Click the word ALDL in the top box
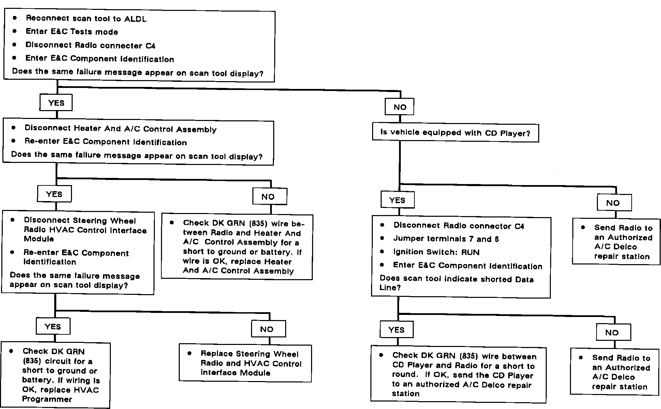click(x=135, y=19)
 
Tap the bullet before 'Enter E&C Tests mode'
click(x=15, y=31)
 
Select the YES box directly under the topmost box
click(x=56, y=103)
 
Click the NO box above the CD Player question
click(x=400, y=107)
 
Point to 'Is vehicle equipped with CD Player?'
click(x=455, y=133)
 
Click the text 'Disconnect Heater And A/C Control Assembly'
click(x=120, y=129)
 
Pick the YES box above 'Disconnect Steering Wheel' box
click(x=54, y=194)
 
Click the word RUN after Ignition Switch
click(x=470, y=253)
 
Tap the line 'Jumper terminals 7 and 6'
click(x=446, y=239)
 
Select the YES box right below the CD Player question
click(x=397, y=200)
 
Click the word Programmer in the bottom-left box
click(x=47, y=399)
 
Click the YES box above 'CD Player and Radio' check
click(x=396, y=330)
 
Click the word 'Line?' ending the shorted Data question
click(x=390, y=288)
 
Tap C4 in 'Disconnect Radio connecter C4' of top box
click(x=150, y=46)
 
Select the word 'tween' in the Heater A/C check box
click(x=195, y=233)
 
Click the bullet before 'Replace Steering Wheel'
click(x=190, y=353)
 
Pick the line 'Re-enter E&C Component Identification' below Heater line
click(x=106, y=142)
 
